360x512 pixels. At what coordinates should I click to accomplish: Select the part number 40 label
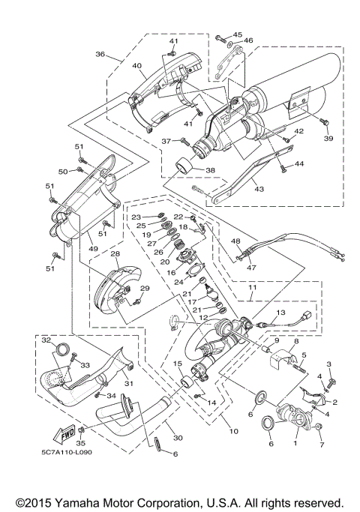pos(136,66)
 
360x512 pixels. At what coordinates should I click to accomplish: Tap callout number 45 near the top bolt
pos(238,34)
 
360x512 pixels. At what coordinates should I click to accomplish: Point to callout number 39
pos(328,139)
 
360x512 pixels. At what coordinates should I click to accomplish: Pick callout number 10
pos(233,432)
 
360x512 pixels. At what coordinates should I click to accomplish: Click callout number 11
pos(253,287)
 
